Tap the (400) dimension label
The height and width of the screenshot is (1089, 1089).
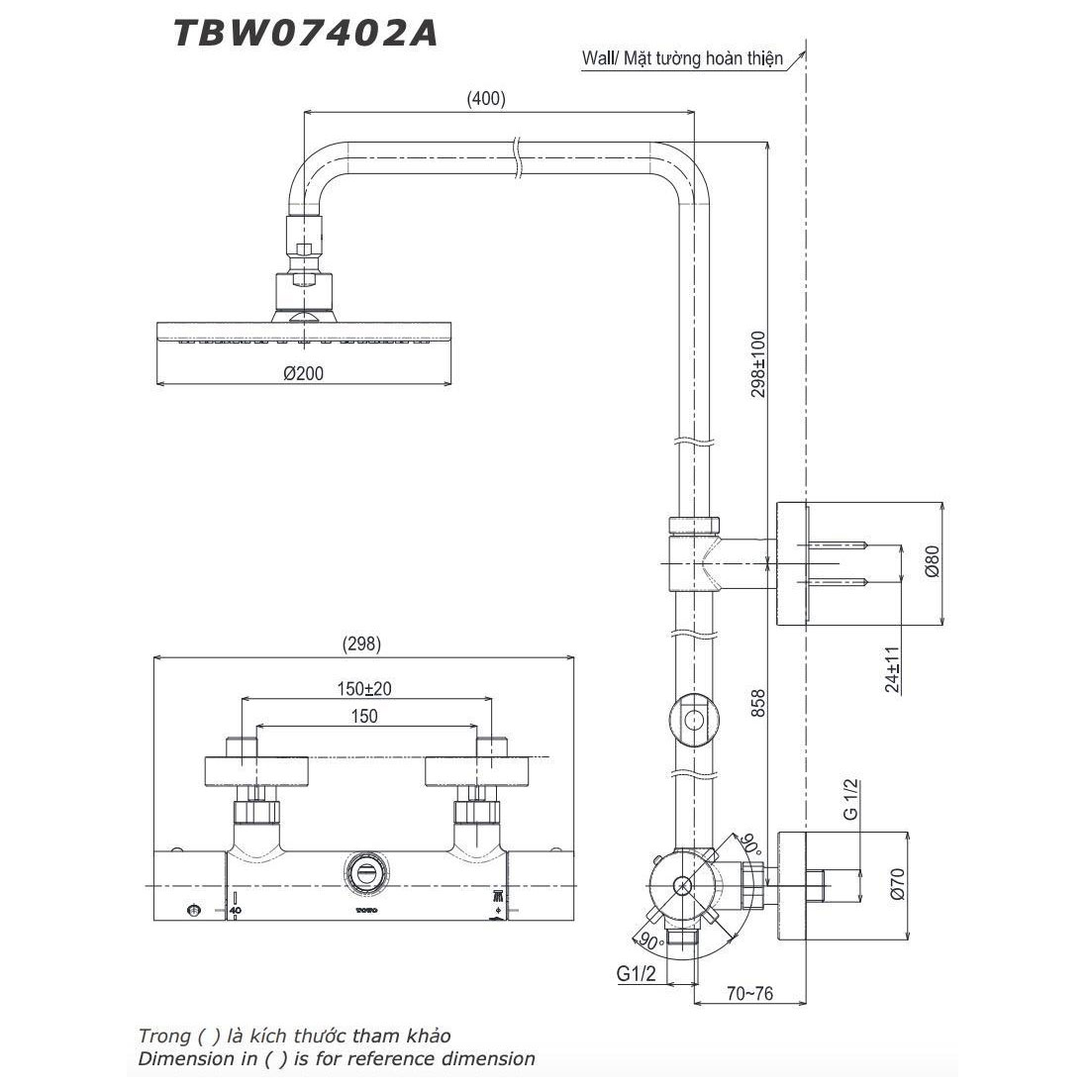click(x=485, y=98)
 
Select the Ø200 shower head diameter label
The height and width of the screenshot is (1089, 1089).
click(x=304, y=373)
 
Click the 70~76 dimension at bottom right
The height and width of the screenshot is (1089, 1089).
click(x=748, y=993)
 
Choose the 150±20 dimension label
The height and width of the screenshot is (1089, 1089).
click(x=365, y=687)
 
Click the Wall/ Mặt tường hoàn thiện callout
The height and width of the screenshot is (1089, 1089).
click(x=682, y=58)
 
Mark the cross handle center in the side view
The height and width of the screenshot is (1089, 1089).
click(x=683, y=884)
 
